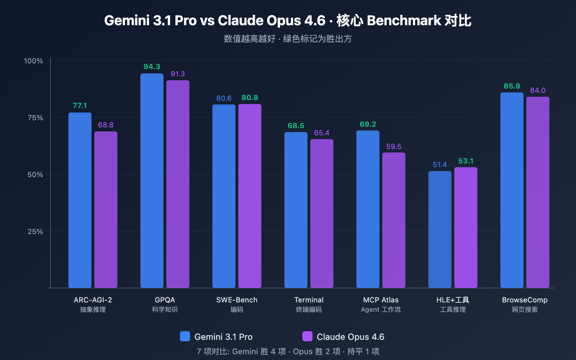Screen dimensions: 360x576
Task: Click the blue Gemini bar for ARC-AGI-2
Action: coord(80,200)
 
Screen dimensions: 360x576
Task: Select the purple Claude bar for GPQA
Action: coord(178,184)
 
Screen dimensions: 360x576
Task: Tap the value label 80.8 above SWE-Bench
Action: coord(250,98)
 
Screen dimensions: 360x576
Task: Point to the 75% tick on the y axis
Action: coord(35,118)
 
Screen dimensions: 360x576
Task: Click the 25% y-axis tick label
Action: coord(35,231)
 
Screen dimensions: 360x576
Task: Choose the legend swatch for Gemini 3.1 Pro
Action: coord(185,336)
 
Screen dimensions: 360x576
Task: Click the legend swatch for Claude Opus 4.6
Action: coord(307,336)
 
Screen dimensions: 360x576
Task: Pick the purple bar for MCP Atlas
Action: coord(394,220)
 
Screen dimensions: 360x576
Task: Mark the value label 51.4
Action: coord(440,165)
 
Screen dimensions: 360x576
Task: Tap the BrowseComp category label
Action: coord(525,300)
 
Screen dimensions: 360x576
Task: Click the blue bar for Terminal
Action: coord(296,210)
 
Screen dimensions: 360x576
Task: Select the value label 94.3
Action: coord(152,67)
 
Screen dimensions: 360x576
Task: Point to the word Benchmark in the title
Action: coord(404,21)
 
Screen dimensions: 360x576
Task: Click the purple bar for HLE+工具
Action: coord(466,227)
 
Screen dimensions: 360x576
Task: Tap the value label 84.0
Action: coord(537,90)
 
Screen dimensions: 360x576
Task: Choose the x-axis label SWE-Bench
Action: coord(237,300)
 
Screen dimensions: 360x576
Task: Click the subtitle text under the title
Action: coord(288,39)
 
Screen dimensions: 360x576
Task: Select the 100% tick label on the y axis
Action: coord(33,61)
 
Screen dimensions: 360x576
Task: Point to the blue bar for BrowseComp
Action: coord(512,190)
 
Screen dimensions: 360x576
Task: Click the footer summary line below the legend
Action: coord(288,351)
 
